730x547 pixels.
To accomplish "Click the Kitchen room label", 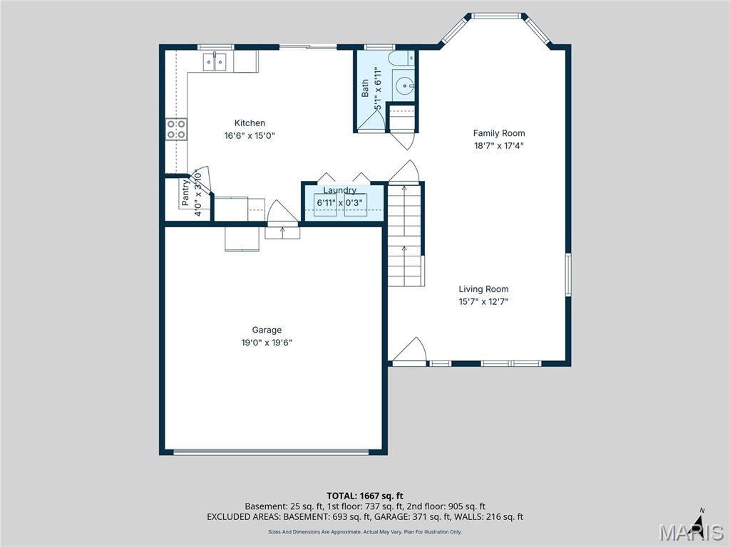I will click(250, 123).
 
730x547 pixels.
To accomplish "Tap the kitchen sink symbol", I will click(215, 63).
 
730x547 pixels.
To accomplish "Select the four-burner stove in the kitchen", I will click(176, 129).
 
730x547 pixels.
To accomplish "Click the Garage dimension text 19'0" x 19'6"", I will click(267, 342).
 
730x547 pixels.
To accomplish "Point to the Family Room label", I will click(499, 133).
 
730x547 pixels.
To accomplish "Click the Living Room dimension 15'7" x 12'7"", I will click(483, 301).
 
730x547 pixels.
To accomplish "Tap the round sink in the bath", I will click(404, 87).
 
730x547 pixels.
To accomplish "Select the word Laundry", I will click(339, 190).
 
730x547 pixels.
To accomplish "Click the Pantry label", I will click(185, 192).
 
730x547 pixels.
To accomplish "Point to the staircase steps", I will click(406, 235).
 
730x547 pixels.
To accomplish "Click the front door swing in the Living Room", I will click(410, 350).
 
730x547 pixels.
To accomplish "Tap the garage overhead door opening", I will click(272, 452).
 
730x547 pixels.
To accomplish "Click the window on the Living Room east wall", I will click(568, 274).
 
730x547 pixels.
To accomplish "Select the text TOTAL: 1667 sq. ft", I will click(365, 496).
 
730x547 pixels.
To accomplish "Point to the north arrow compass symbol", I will click(701, 520).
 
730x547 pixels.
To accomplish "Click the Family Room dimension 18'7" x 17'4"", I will click(499, 145).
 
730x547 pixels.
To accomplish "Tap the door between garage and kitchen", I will click(282, 215).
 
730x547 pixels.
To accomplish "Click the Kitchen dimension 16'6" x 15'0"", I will click(250, 135).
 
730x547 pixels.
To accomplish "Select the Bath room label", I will click(366, 87).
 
